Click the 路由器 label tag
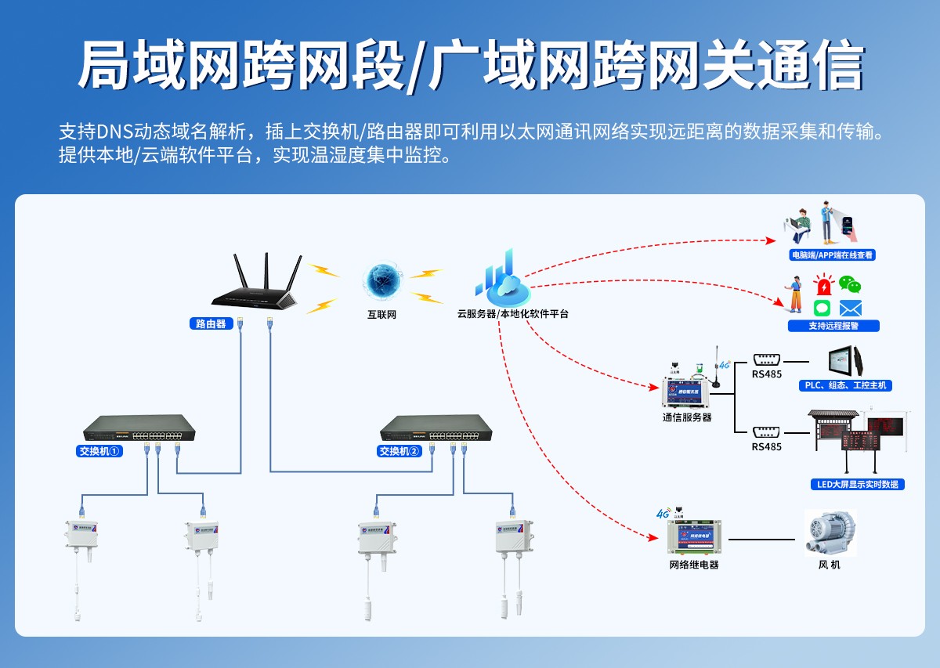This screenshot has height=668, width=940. (x=211, y=323)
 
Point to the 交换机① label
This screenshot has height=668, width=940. (x=99, y=451)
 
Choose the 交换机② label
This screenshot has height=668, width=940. (x=399, y=451)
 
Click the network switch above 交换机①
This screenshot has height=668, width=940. (x=139, y=428)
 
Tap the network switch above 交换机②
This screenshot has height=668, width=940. (x=436, y=428)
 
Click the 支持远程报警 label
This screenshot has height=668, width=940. (x=833, y=326)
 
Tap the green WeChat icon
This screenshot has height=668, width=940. (x=850, y=283)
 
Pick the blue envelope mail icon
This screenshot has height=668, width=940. (x=850, y=308)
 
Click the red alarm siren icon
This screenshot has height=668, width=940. (x=823, y=284)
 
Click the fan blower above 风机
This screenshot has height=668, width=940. (x=830, y=533)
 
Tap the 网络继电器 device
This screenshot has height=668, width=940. (x=693, y=536)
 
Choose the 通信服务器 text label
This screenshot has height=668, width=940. (x=687, y=417)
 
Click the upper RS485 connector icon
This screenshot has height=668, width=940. (x=766, y=359)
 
